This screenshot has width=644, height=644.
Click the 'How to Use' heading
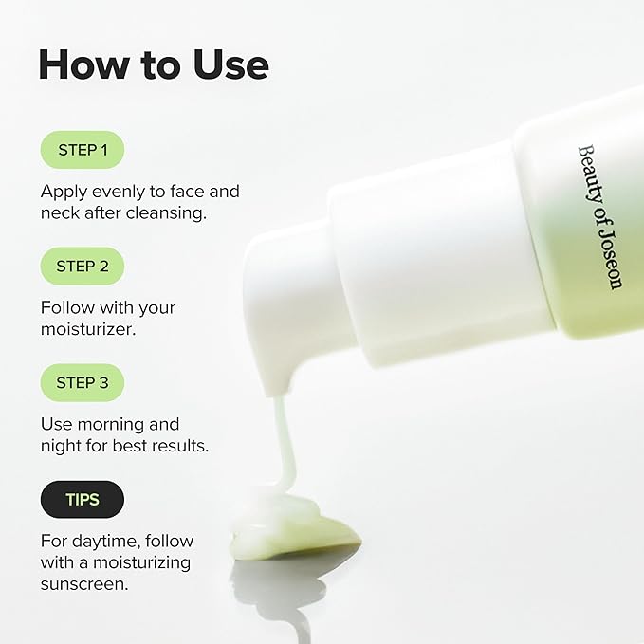coord(153,64)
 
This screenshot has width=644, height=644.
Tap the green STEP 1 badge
coord(83,150)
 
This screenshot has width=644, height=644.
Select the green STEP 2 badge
coord(83,267)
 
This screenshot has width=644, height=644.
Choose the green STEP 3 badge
coord(83,383)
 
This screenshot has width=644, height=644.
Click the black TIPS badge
coord(83,500)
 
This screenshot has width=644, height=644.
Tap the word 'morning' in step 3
coord(120,424)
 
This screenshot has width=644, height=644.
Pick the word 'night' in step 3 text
coord(61,446)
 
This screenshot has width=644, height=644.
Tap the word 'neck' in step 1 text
coord(60,213)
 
